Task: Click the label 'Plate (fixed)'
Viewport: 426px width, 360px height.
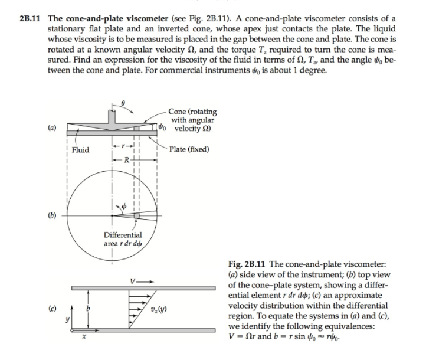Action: (189, 149)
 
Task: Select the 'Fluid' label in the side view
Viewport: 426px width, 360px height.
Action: (80, 150)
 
